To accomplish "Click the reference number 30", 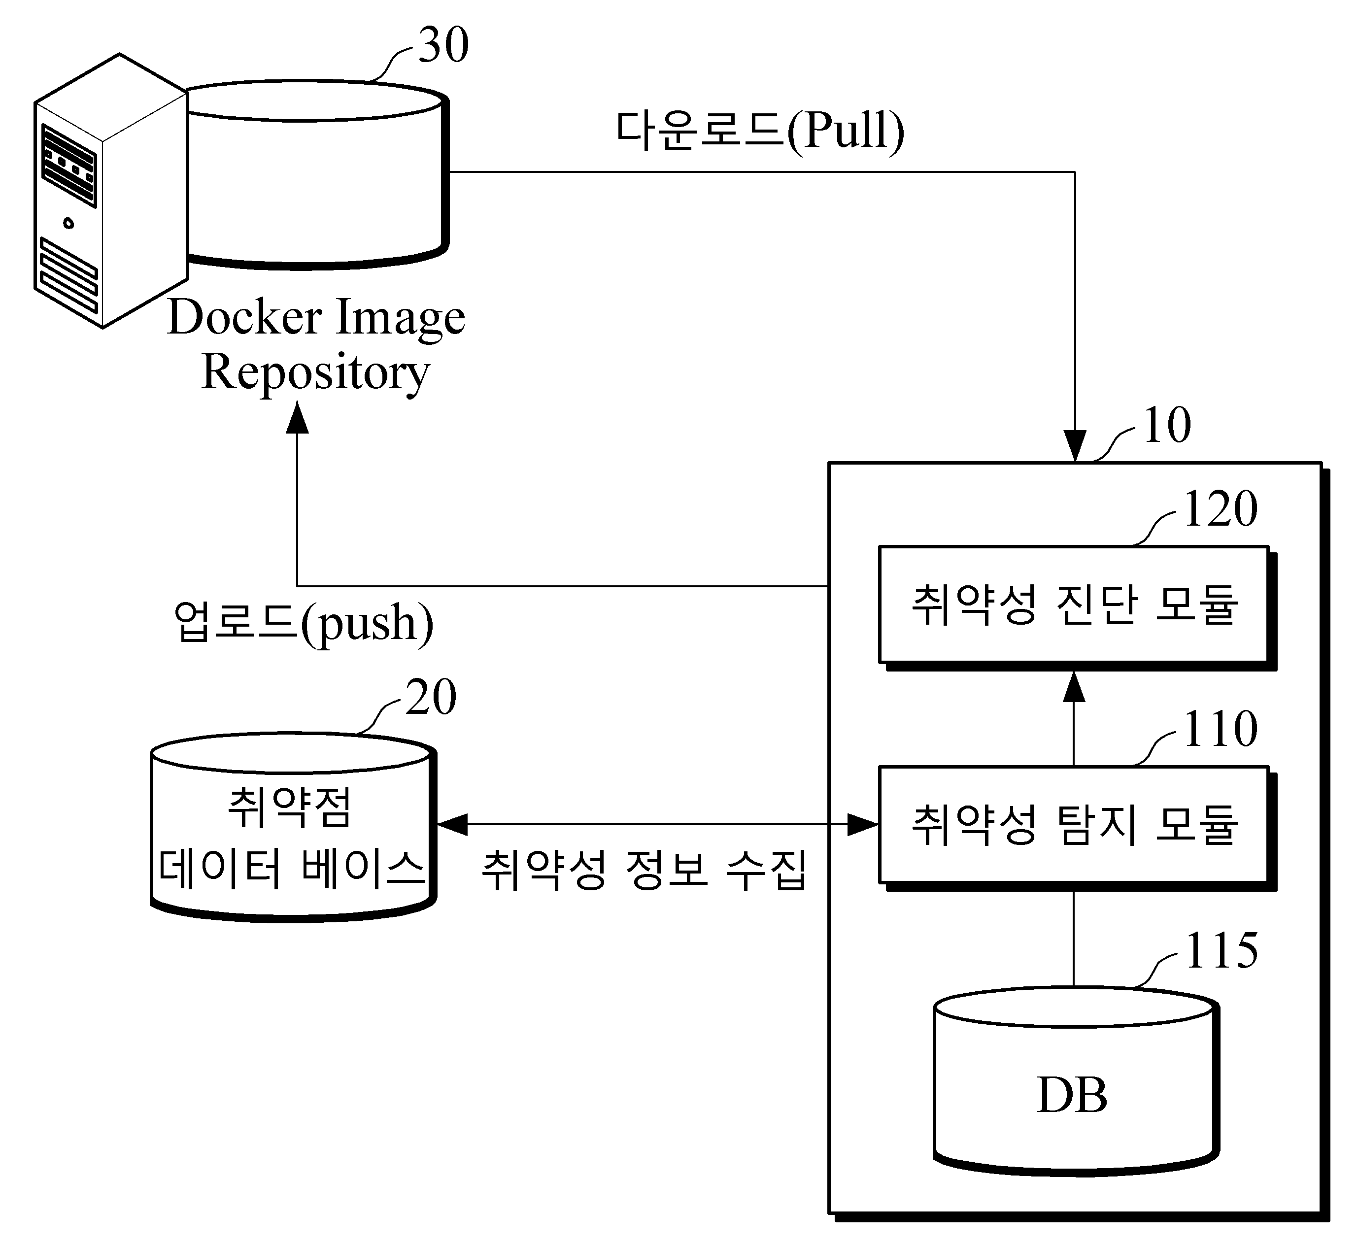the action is tap(443, 46).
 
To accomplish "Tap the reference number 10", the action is tap(1167, 426).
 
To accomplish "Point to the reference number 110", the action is tap(1220, 730).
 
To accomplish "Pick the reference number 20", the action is tap(431, 697).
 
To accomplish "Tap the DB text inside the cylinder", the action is tap(1072, 1095).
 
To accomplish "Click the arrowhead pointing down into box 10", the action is tap(1074, 446).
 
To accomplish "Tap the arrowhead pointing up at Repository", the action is tap(297, 418).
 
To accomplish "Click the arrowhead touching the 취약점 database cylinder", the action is tap(453, 824).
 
